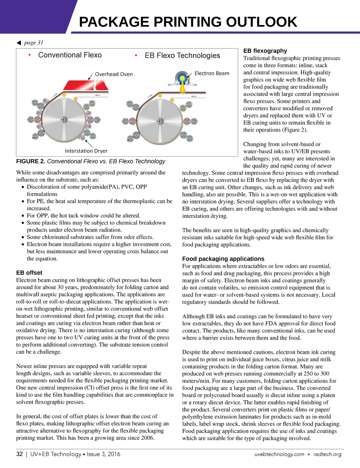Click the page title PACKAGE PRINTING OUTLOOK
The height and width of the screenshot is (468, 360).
pos(188,22)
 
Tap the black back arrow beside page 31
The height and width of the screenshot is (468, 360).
pos(19,43)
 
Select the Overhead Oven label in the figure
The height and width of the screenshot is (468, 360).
pos(114,74)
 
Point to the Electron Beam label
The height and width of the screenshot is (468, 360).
pos(212,73)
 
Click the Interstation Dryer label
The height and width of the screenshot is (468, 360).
pos(86,151)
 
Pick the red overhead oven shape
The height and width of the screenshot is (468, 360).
pos(86,86)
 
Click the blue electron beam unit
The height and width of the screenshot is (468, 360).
pos(182,78)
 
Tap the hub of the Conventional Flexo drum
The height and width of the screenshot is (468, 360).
pos(64,119)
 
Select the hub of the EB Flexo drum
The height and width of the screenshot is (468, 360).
pos(160,121)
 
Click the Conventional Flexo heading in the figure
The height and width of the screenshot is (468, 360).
pos(70,55)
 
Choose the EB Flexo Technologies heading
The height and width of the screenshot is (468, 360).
pos(182,56)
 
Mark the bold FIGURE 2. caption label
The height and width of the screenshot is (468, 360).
pos(31,162)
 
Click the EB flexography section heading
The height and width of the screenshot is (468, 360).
pos(265,51)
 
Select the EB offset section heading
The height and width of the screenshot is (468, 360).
pos(29,273)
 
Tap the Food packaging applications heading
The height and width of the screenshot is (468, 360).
pos(223,259)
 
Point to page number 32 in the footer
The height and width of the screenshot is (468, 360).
pos(20,454)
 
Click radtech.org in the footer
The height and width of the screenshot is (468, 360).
pos(327,454)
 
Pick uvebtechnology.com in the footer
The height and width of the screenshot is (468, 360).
pos(279,454)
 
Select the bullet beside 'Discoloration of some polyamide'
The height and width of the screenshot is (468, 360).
pos(23,187)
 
